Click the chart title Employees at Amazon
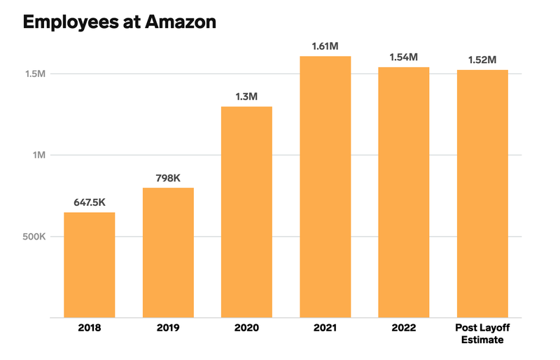(119, 22)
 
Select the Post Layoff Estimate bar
(482, 194)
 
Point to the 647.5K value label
(90, 202)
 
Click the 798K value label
(168, 178)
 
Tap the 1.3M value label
(246, 97)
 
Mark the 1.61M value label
(325, 46)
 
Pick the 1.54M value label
(404, 57)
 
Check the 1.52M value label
(482, 60)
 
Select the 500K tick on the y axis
(32, 237)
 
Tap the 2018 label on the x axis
(90, 328)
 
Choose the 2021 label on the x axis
(325, 328)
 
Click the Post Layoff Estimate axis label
(482, 334)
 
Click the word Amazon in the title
(180, 22)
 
